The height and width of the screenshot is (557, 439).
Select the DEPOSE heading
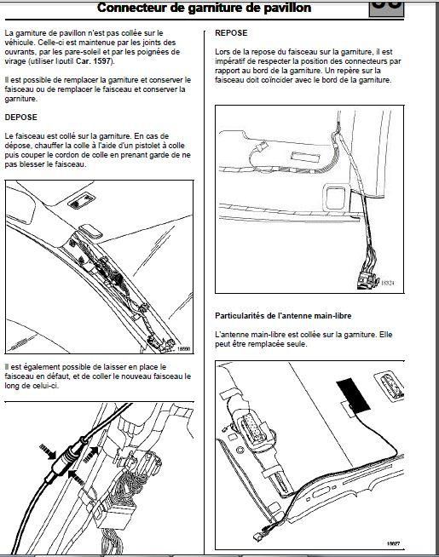[21, 118]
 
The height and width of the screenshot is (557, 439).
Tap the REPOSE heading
[231, 32]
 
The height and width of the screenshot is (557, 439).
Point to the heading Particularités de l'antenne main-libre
[283, 315]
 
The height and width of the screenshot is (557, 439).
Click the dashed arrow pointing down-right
[48, 451]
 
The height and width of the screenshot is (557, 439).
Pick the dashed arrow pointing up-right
[90, 454]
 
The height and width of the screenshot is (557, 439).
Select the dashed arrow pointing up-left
[76, 477]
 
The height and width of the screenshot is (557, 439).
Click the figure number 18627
[393, 543]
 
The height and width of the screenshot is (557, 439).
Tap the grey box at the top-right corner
[386, 9]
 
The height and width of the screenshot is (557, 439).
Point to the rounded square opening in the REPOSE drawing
[335, 197]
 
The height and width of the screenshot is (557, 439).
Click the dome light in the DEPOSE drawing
[81, 201]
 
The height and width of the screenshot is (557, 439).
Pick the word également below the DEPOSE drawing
[42, 367]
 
